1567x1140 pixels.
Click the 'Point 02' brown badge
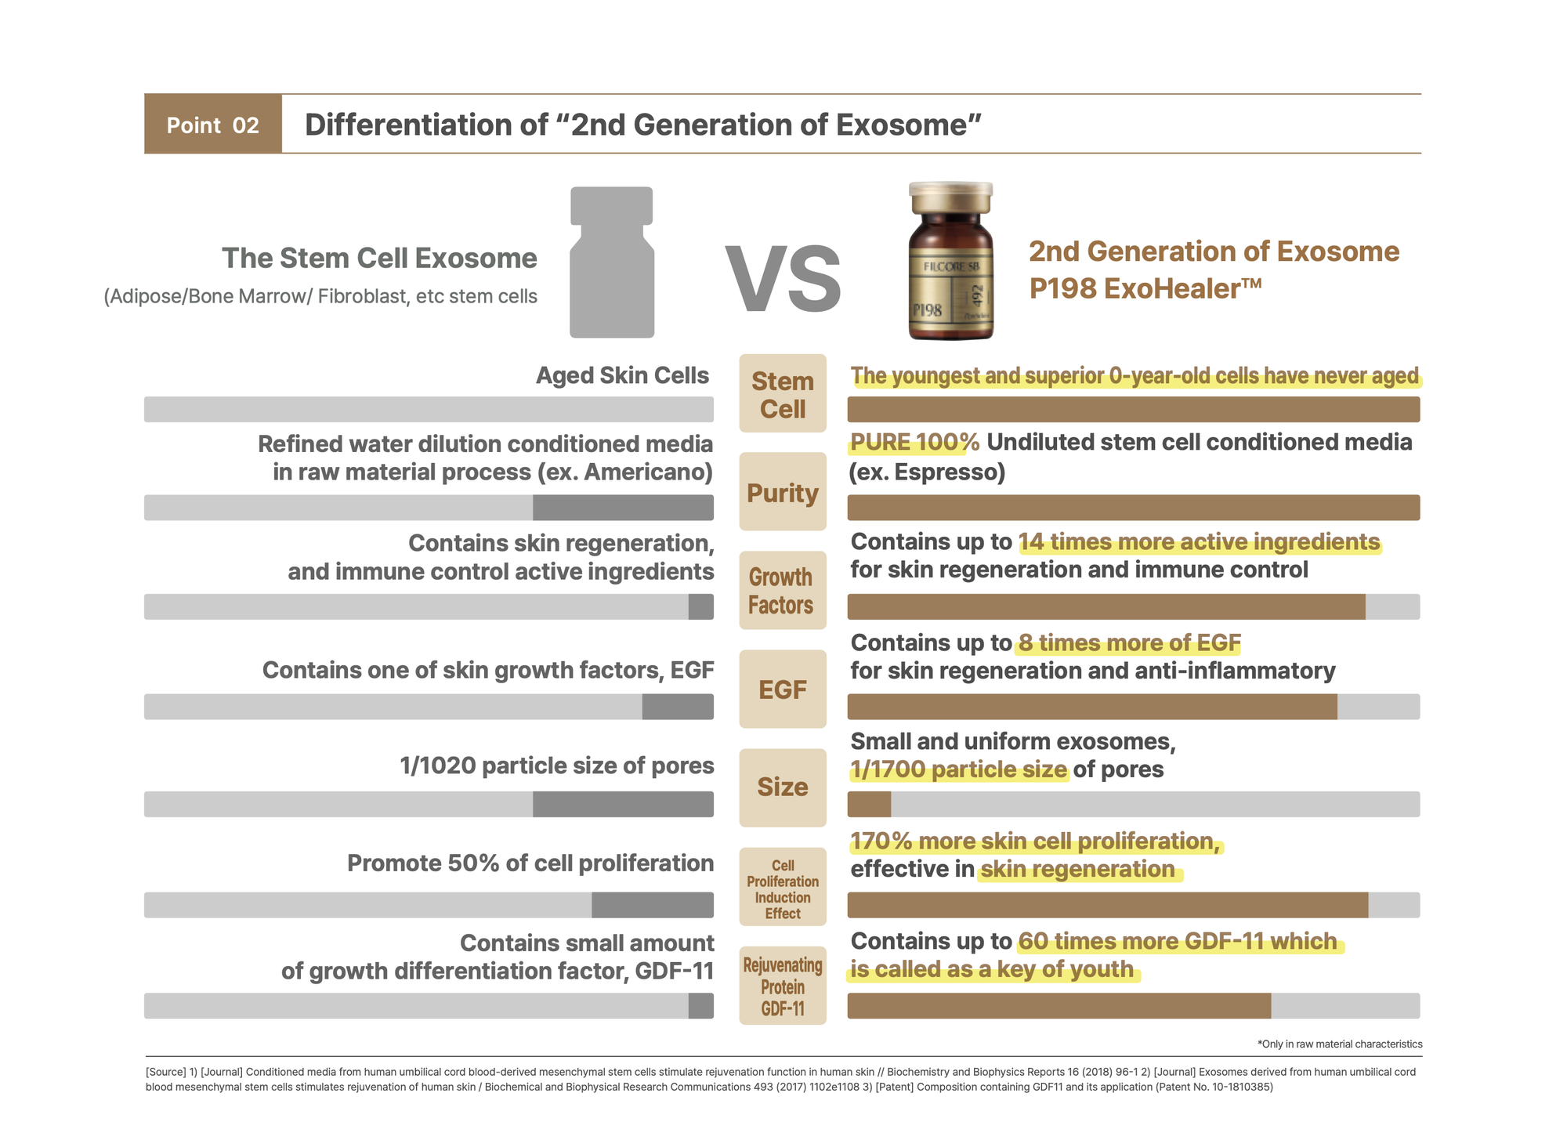[212, 125]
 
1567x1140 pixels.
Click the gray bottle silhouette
[612, 262]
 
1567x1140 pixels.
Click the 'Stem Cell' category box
[783, 393]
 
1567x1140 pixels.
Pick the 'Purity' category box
[783, 492]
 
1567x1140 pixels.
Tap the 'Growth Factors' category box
[783, 591]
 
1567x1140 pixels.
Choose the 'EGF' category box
[783, 689]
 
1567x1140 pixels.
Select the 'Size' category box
[783, 787]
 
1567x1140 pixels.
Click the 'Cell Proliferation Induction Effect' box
[783, 888]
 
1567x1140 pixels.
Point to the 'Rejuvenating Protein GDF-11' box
[783, 986]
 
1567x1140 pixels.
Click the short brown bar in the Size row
[869, 805]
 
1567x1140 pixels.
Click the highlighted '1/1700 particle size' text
[958, 770]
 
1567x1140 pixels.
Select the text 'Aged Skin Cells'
[622, 376]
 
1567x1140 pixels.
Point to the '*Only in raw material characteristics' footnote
[1339, 1044]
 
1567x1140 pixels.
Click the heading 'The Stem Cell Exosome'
[379, 259]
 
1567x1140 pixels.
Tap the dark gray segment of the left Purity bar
[623, 508]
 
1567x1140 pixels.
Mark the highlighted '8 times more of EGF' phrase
[1128, 643]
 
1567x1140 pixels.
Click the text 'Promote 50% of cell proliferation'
[530, 863]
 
